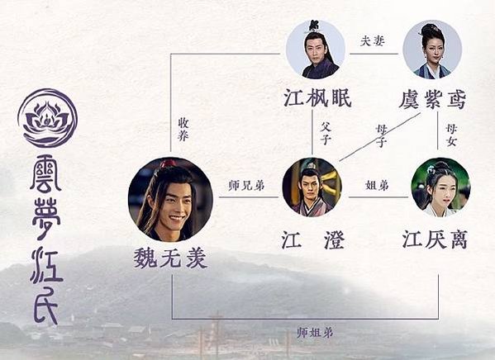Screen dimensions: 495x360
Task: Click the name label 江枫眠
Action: (317, 97)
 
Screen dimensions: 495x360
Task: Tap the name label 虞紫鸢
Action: (432, 99)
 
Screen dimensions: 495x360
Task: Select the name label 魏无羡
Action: (170, 258)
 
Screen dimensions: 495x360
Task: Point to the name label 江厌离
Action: (435, 239)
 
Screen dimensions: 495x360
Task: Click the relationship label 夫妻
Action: (372, 41)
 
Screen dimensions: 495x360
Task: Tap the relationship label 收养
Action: (183, 130)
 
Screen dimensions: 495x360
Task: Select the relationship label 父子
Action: (326, 133)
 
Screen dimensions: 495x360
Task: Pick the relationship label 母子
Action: (381, 135)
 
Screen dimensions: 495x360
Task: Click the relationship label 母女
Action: (451, 135)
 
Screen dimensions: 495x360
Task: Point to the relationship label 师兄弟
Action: (246, 186)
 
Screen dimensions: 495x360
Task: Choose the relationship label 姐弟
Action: (377, 185)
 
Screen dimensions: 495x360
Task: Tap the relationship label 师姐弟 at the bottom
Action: (315, 332)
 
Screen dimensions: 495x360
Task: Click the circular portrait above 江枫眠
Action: (315, 50)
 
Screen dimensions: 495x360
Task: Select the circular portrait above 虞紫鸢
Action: (432, 50)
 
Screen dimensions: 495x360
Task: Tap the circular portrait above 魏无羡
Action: (170, 200)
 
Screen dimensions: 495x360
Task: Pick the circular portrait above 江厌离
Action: (440, 187)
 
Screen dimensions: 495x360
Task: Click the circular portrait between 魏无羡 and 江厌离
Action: (312, 187)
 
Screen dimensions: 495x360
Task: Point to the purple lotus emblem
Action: (47, 118)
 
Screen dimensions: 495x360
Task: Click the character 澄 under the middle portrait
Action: (333, 240)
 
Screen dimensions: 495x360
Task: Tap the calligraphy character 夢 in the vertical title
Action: (46, 215)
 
